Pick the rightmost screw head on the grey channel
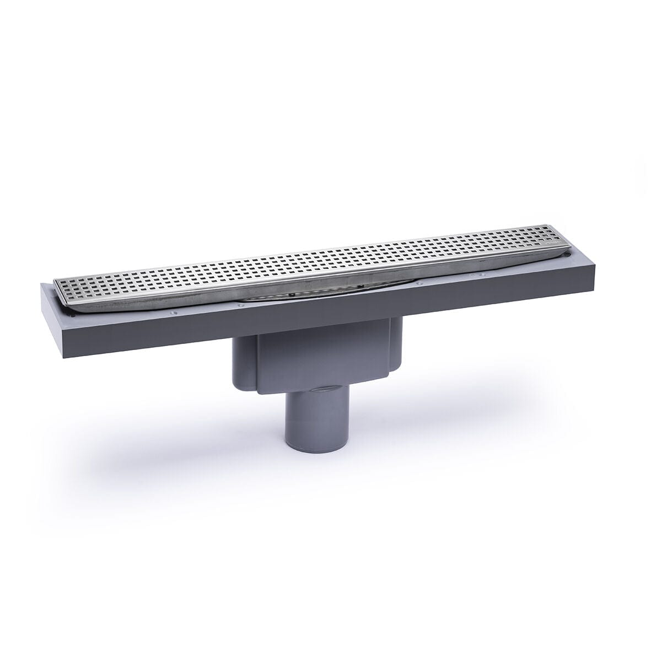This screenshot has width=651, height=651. [x=483, y=274]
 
